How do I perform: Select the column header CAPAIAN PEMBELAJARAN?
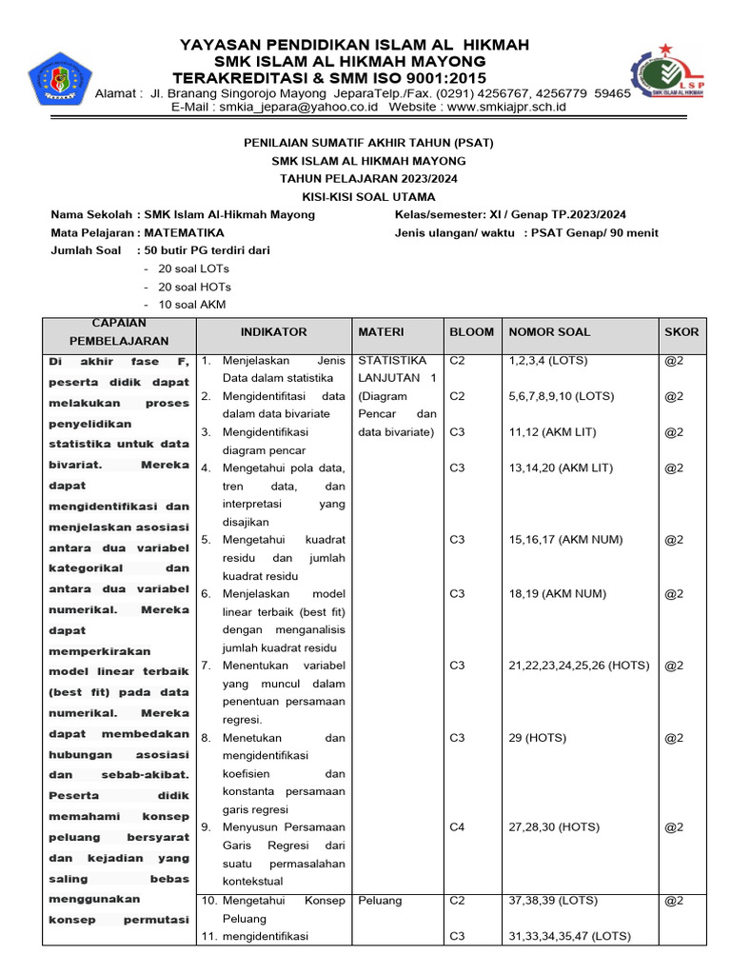[x=118, y=332]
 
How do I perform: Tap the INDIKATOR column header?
[x=273, y=332]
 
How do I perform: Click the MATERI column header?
[x=381, y=332]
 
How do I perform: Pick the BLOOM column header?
[x=471, y=332]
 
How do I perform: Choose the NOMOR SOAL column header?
[x=549, y=332]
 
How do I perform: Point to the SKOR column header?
[x=682, y=332]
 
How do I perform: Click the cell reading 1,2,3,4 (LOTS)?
[x=548, y=361]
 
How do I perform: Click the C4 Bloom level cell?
[x=457, y=827]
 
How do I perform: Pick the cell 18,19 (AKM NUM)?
[x=557, y=594]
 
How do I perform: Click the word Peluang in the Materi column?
[x=380, y=901]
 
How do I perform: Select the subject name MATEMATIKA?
[x=185, y=233]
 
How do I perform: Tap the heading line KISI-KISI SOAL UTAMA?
[x=368, y=196]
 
